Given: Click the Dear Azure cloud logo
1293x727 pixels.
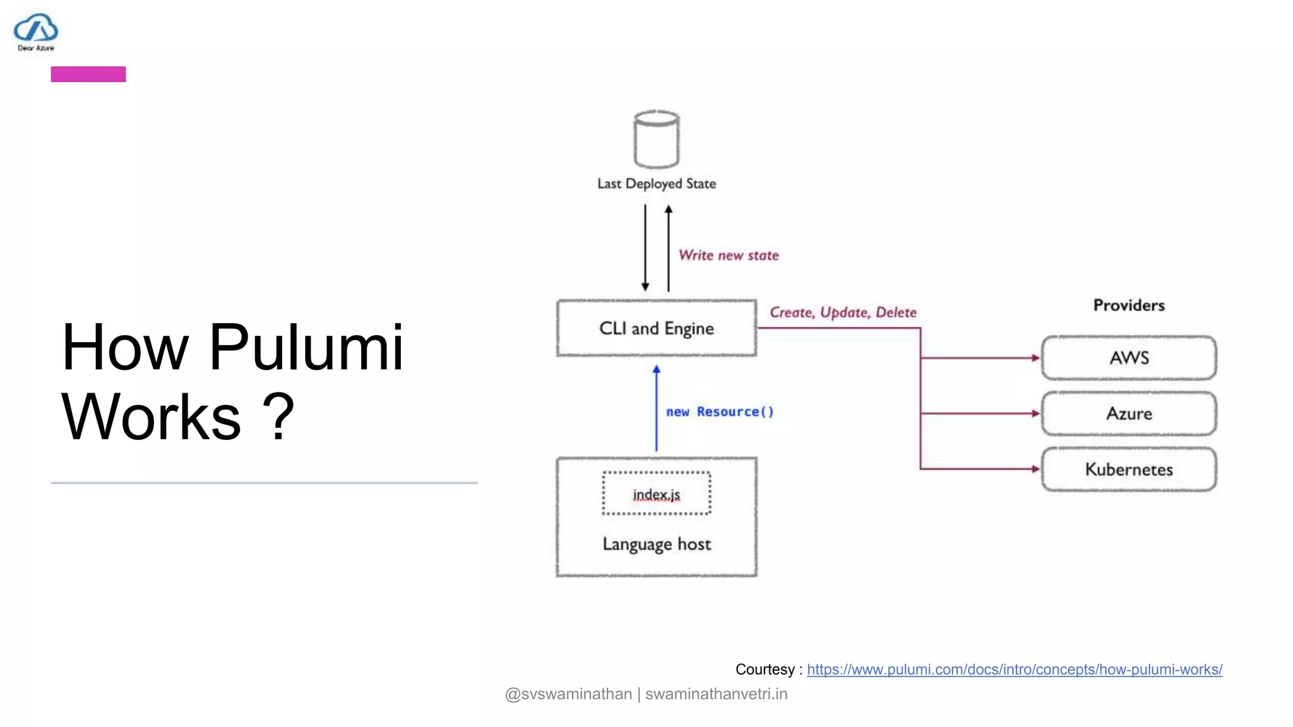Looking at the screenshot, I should tap(36, 29).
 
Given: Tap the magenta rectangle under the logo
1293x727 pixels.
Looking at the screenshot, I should tap(88, 74).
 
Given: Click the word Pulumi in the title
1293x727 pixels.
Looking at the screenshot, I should tap(306, 348).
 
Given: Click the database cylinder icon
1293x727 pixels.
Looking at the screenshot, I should tap(657, 139).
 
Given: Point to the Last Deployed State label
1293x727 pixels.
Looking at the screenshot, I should tap(657, 184).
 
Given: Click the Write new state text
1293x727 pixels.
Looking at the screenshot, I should tap(729, 256).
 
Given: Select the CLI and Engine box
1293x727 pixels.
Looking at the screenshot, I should tap(657, 328).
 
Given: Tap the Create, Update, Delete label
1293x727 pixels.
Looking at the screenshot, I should tap(843, 312).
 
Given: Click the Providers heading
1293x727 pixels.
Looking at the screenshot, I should tap(1129, 305).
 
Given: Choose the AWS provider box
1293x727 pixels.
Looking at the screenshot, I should tap(1129, 358).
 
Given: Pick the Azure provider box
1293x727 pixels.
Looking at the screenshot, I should tap(1129, 413).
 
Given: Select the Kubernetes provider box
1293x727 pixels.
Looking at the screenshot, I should tap(1129, 469).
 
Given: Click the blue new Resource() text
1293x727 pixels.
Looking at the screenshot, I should tap(720, 411).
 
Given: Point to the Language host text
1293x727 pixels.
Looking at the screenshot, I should tap(657, 544).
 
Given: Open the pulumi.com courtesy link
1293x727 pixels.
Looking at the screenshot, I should tap(1014, 670).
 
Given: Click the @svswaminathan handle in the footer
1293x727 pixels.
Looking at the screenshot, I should tap(568, 694).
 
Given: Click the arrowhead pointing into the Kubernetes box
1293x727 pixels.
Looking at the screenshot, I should tap(1035, 469).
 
